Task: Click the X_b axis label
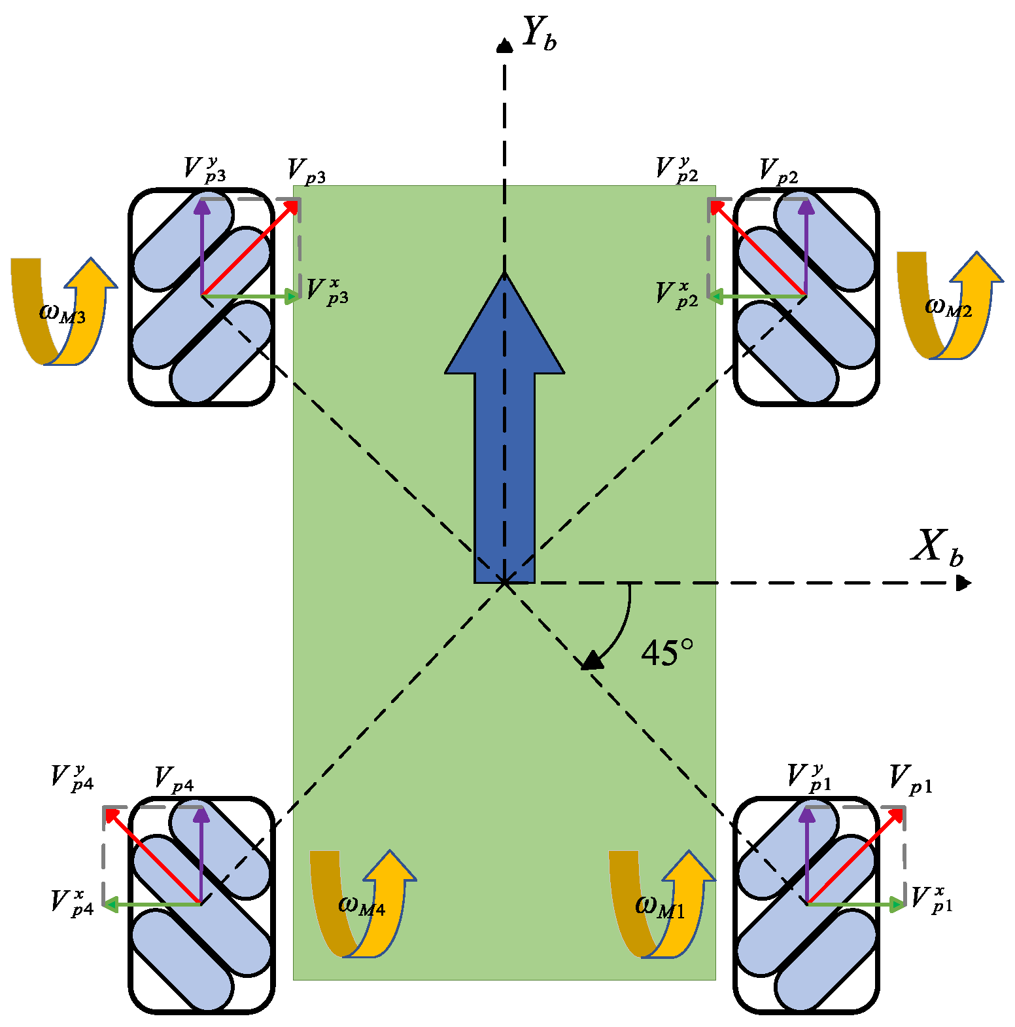937,547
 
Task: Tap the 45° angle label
666,653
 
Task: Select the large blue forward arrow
504,425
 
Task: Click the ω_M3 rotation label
63,313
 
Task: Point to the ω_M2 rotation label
948,306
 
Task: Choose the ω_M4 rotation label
362,905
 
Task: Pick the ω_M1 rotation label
660,907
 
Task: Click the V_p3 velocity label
307,171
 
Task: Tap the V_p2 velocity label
778,171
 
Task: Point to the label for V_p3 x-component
327,292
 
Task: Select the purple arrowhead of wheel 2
806,206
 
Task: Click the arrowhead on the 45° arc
593,661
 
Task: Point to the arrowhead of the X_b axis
964,583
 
